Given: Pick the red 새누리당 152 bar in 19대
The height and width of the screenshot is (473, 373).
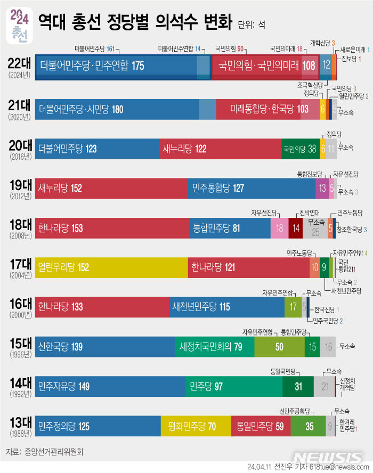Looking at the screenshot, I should coord(111,188).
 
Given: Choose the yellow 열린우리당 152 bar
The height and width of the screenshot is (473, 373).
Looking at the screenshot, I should coord(111,267).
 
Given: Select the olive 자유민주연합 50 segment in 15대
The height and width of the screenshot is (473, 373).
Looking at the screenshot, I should coord(279,347).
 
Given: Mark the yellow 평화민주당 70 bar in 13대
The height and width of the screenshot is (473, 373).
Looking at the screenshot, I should coord(196,426).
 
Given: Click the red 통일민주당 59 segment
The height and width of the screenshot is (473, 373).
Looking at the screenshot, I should coord(261,426).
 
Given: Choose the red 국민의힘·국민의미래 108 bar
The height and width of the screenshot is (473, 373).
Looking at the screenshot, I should coord(265,66).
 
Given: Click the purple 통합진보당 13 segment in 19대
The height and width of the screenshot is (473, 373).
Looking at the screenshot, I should coord(322,188).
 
